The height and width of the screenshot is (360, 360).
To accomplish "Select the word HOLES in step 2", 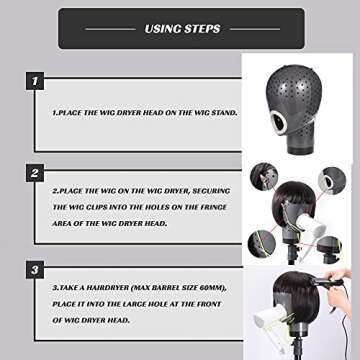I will coord(149,221).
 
